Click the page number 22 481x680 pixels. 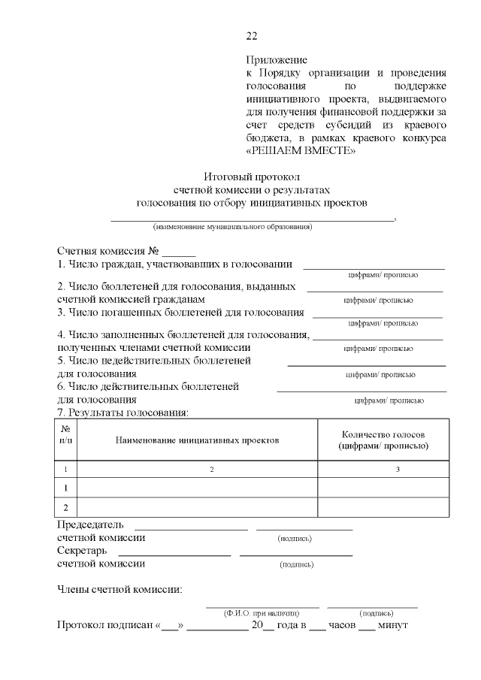(x=252, y=35)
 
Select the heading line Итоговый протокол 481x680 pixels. (x=252, y=177)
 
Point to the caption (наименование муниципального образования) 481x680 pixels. (x=232, y=226)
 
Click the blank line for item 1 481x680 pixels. (x=374, y=267)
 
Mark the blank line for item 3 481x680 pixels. (x=377, y=315)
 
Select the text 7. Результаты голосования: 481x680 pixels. (x=123, y=413)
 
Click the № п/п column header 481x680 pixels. (x=66, y=439)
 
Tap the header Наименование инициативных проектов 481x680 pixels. (x=197, y=440)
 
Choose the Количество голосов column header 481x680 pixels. (x=383, y=440)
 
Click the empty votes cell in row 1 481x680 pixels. (x=383, y=488)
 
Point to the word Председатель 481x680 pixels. (x=91, y=525)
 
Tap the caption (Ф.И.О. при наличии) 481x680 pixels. (x=262, y=612)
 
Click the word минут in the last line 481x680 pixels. (x=392, y=626)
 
